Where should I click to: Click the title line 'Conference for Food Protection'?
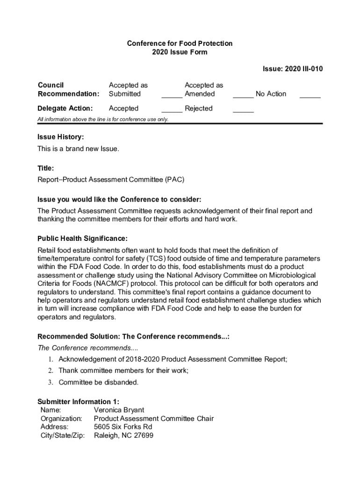180,44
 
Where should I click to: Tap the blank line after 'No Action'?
310,97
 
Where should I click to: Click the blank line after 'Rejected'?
243,111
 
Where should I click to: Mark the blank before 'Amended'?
172,97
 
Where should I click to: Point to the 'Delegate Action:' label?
65,109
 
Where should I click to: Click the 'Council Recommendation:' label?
68,89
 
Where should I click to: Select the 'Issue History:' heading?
61,137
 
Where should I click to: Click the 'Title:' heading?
46,168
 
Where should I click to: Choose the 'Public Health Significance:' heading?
82,239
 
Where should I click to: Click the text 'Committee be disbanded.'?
99,383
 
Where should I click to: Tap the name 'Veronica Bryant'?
119,410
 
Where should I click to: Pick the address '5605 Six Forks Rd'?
123,427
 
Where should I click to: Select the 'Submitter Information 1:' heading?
78,402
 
